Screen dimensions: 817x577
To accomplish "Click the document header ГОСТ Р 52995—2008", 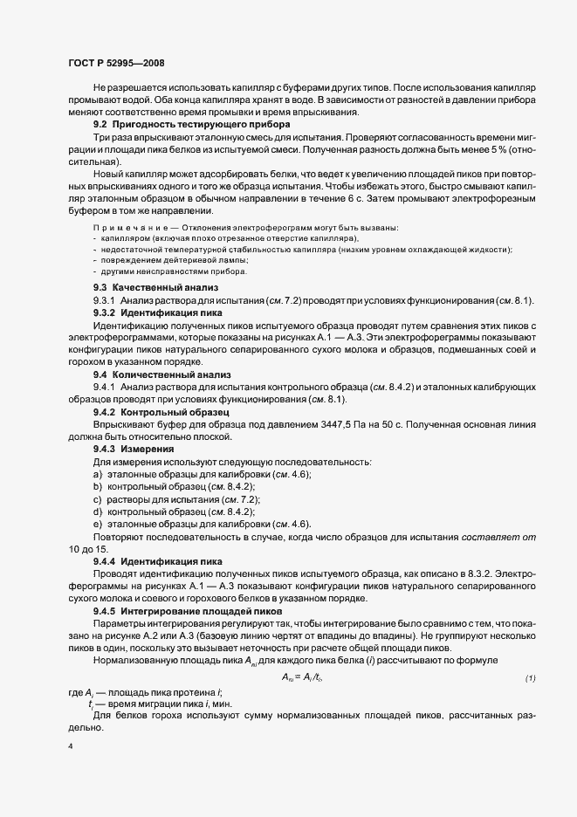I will pyautogui.click(x=115, y=63).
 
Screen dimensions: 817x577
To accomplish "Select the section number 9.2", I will pyautogui.click(x=102, y=127).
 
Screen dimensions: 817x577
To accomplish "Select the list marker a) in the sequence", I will pyautogui.click(x=97, y=473).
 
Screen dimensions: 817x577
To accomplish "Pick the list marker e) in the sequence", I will pyautogui.click(x=97, y=523).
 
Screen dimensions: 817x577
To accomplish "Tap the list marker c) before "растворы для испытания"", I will pyautogui.click(x=97, y=498).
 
